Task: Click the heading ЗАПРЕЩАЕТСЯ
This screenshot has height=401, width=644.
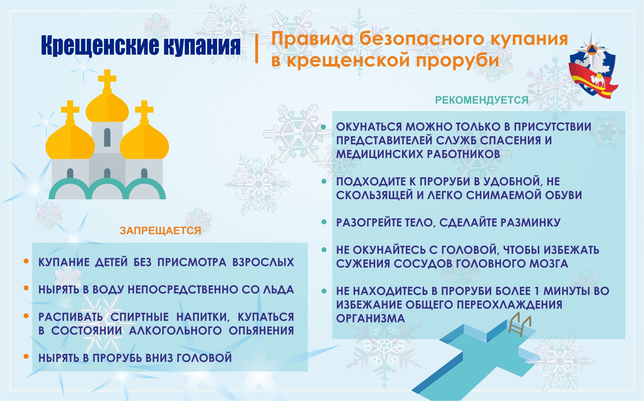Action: click(x=160, y=231)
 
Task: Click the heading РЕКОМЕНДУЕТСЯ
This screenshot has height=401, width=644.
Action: click(x=482, y=100)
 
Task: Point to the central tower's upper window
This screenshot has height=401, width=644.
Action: click(x=107, y=137)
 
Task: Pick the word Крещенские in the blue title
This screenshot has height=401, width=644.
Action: click(x=100, y=46)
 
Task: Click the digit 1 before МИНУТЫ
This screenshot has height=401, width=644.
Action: click(x=537, y=291)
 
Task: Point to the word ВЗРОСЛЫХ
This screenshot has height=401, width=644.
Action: click(x=263, y=262)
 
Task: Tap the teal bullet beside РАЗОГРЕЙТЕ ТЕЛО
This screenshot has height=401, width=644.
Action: click(x=324, y=222)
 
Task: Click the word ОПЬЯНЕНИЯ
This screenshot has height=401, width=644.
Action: click(x=261, y=331)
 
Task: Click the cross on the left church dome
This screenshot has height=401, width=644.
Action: click(x=70, y=109)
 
